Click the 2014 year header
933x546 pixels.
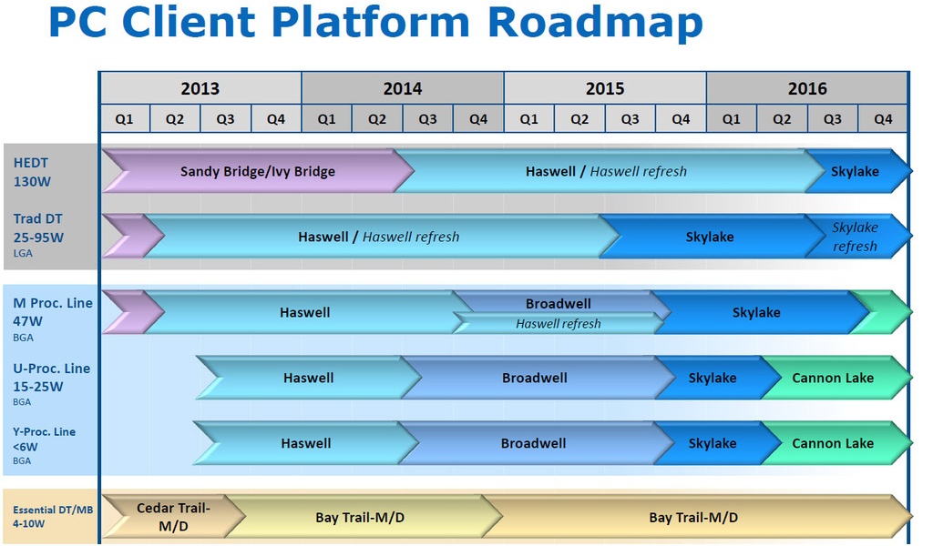click(x=402, y=88)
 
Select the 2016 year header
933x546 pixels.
click(x=807, y=88)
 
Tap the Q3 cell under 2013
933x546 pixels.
click(x=225, y=119)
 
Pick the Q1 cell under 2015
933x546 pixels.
click(x=528, y=119)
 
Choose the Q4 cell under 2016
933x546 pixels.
click(x=882, y=119)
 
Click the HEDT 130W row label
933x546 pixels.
click(x=31, y=172)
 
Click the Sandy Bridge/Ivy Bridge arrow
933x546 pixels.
click(x=257, y=171)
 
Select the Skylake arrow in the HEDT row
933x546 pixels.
click(x=855, y=171)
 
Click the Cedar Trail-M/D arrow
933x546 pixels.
click(x=173, y=517)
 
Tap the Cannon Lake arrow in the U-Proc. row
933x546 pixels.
click(x=833, y=378)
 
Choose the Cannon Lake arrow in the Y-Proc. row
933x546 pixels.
click(x=833, y=443)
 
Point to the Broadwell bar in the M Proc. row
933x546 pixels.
click(x=558, y=303)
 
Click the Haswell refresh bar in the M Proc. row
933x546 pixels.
click(x=558, y=323)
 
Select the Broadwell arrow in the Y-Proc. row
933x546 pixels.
click(x=534, y=443)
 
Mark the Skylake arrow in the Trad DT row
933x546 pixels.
click(x=710, y=237)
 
